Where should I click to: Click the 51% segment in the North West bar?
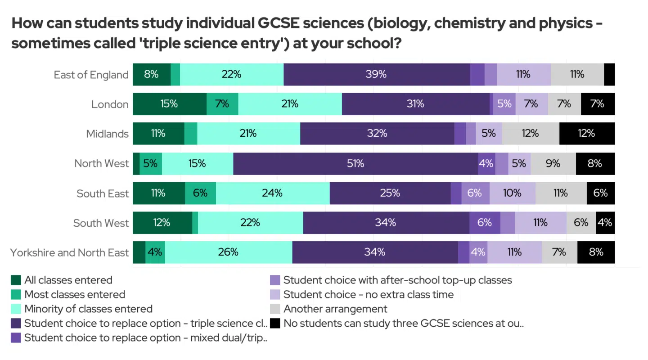pos(355,164)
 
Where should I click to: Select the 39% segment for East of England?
pos(377,75)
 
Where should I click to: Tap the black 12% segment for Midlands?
pos(587,134)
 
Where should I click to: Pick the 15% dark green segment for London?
pos(169,104)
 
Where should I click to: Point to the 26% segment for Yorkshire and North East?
pos(228,252)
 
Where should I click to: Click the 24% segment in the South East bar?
pos(272,193)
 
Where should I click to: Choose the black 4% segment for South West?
pos(605,223)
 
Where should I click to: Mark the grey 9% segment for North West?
pos(553,164)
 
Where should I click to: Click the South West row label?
pos(101,223)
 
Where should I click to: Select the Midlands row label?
pos(107,134)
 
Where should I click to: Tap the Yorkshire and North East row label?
pos(69,253)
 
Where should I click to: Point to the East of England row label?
pos(91,75)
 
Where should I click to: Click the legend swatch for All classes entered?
pos(16,280)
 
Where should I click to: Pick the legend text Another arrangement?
pos(335,309)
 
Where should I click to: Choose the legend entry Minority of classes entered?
pos(88,309)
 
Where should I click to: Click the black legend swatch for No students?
pos(275,323)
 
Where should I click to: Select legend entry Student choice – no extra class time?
pos(368,295)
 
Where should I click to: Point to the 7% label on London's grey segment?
pos(564,104)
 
